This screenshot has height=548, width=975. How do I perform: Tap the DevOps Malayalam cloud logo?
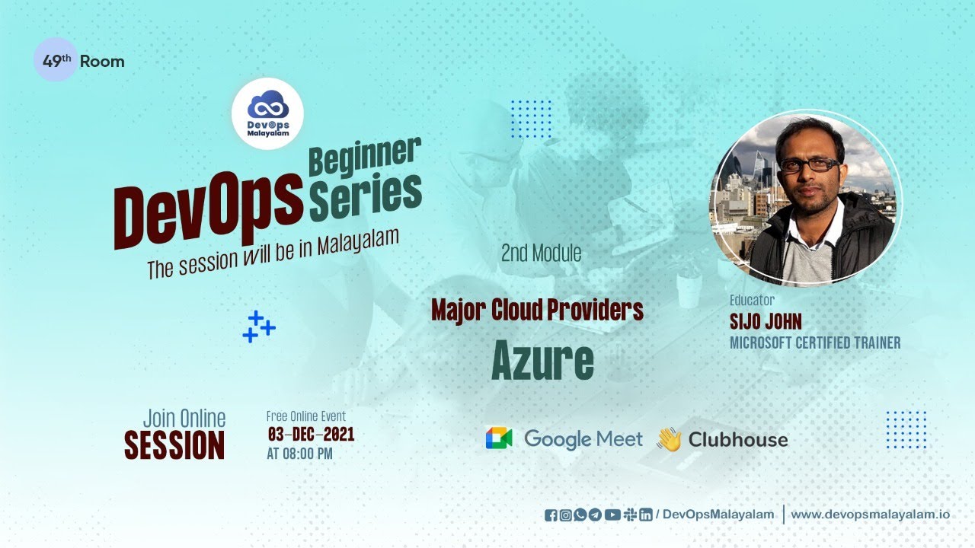pos(267,113)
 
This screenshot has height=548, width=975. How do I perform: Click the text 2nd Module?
pos(541,253)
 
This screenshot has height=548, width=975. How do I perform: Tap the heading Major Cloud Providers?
pos(537,310)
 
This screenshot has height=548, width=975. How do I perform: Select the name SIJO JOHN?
pos(766,321)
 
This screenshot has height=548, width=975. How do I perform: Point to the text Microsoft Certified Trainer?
pos(815,342)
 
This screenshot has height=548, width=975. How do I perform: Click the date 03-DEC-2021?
pos(311,435)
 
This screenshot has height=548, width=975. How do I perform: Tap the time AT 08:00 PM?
pos(299,454)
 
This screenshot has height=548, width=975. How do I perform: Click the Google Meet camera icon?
pos(499,438)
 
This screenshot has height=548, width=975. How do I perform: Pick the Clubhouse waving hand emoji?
pos(669,439)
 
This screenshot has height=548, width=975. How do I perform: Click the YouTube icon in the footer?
pos(612,515)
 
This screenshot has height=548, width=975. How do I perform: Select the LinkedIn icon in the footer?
pos(646,515)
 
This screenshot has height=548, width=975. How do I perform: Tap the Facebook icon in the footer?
pos(551,515)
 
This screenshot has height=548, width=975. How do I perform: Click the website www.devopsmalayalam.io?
pos(870,515)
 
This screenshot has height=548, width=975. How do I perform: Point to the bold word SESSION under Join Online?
pos(174,445)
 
